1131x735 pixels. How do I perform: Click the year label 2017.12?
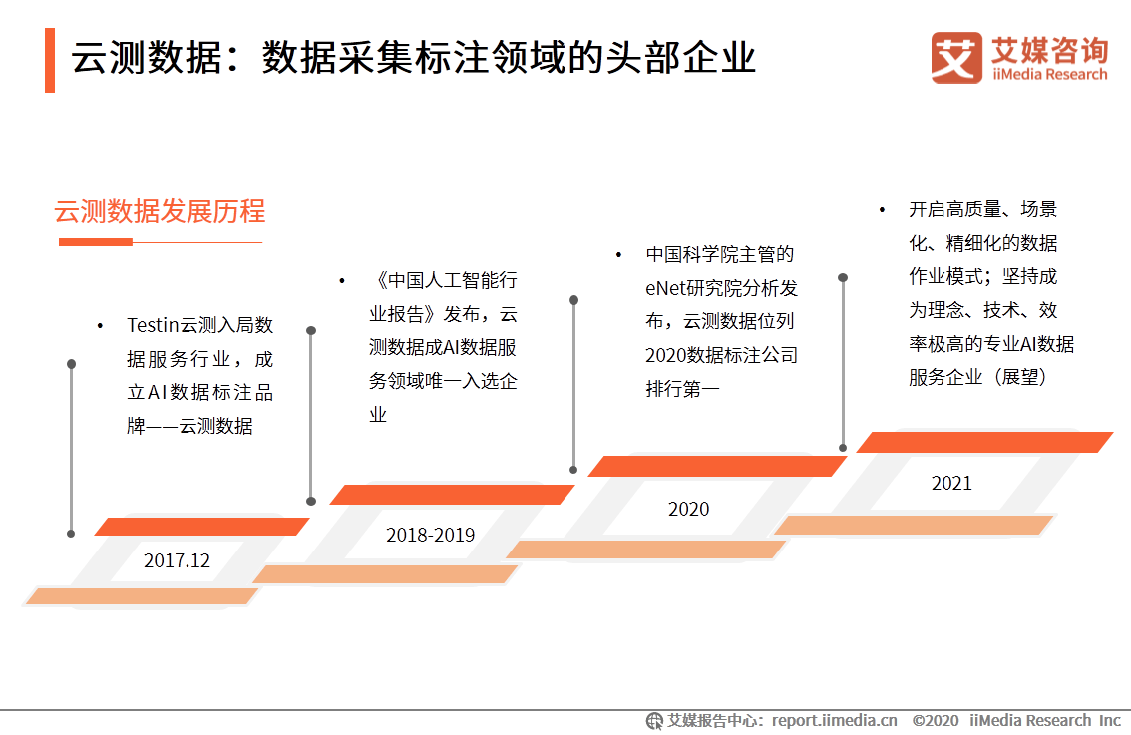point(178,560)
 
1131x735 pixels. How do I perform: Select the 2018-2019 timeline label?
point(430,536)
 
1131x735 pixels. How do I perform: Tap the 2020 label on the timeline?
point(688,509)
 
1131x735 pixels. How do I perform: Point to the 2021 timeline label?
point(951,483)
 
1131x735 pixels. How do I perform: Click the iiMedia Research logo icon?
point(956,58)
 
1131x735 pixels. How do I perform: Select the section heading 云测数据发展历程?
point(160,212)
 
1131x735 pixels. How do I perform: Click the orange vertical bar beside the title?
point(50,60)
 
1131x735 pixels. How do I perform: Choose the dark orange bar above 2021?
point(984,442)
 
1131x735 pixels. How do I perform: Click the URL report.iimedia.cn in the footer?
point(834,720)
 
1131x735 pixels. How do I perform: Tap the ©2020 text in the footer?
point(935,720)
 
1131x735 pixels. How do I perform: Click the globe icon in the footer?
point(654,720)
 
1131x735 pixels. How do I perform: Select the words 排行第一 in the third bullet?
point(682,388)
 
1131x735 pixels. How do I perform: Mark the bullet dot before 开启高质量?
point(882,210)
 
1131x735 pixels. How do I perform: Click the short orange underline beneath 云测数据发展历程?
point(96,242)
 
